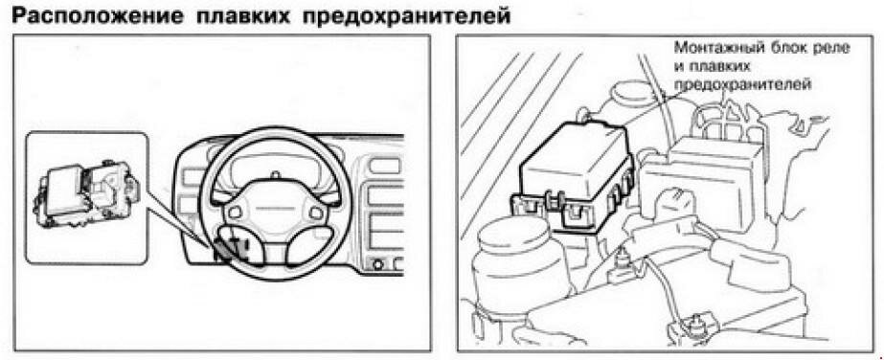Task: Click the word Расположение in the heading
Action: [98, 15]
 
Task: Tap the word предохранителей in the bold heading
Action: [407, 15]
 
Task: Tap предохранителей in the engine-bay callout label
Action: [743, 85]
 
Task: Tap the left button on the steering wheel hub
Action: [235, 212]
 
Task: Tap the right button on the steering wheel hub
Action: [316, 213]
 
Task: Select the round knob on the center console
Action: [377, 264]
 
